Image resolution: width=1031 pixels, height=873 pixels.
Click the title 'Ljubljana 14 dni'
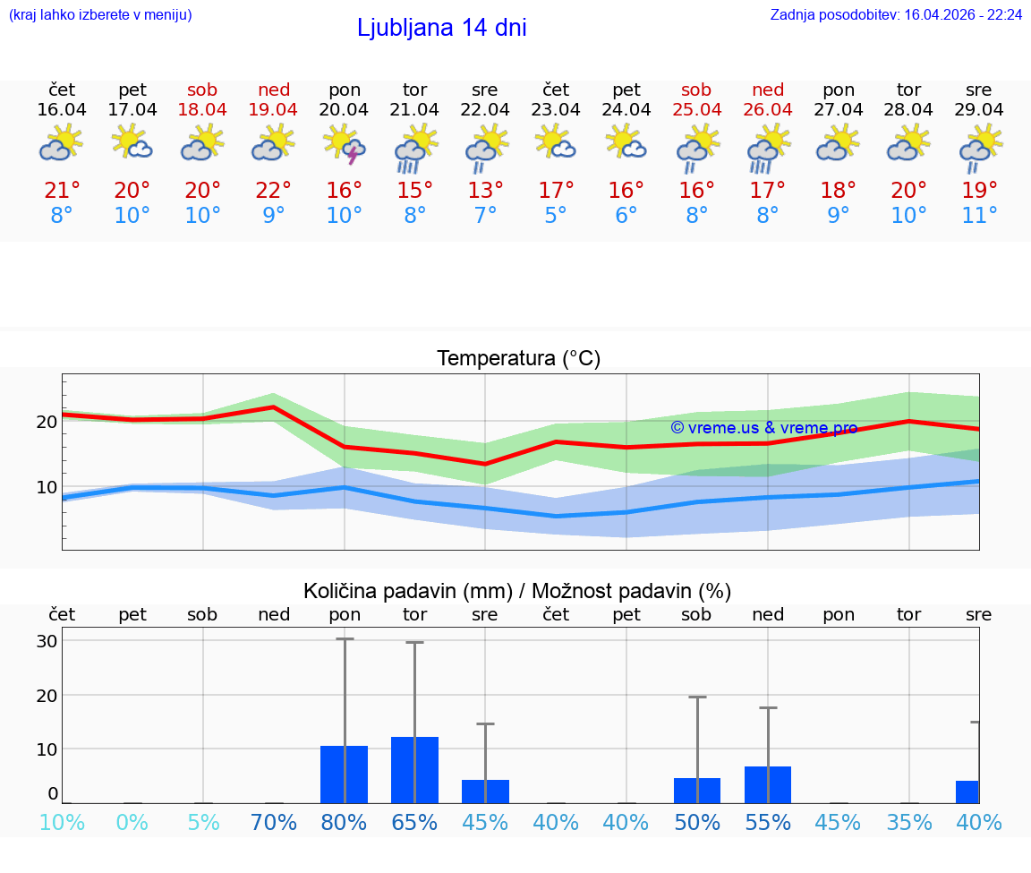[441, 28]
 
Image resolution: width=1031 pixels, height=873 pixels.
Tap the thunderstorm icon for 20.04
[345, 145]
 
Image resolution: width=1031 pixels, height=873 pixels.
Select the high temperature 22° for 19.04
[274, 191]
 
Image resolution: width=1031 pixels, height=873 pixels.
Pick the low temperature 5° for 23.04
[556, 216]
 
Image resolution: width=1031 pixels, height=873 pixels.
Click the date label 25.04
[696, 110]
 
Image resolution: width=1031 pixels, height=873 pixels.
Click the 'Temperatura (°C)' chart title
[518, 359]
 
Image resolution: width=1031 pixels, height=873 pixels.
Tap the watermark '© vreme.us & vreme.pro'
[763, 428]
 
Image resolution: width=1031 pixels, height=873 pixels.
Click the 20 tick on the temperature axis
[47, 421]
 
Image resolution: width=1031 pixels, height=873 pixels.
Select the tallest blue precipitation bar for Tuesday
[414, 770]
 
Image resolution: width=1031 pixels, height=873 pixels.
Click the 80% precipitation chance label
[345, 822]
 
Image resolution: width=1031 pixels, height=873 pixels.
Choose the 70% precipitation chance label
[274, 822]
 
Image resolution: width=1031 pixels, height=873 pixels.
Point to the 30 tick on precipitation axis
[47, 641]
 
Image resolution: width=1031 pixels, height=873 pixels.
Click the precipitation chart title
[517, 591]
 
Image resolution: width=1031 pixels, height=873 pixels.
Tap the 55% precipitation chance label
[768, 822]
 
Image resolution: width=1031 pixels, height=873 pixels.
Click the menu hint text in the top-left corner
[100, 14]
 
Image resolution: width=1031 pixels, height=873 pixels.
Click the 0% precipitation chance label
[132, 822]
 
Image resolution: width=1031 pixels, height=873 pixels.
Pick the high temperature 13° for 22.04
[485, 191]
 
